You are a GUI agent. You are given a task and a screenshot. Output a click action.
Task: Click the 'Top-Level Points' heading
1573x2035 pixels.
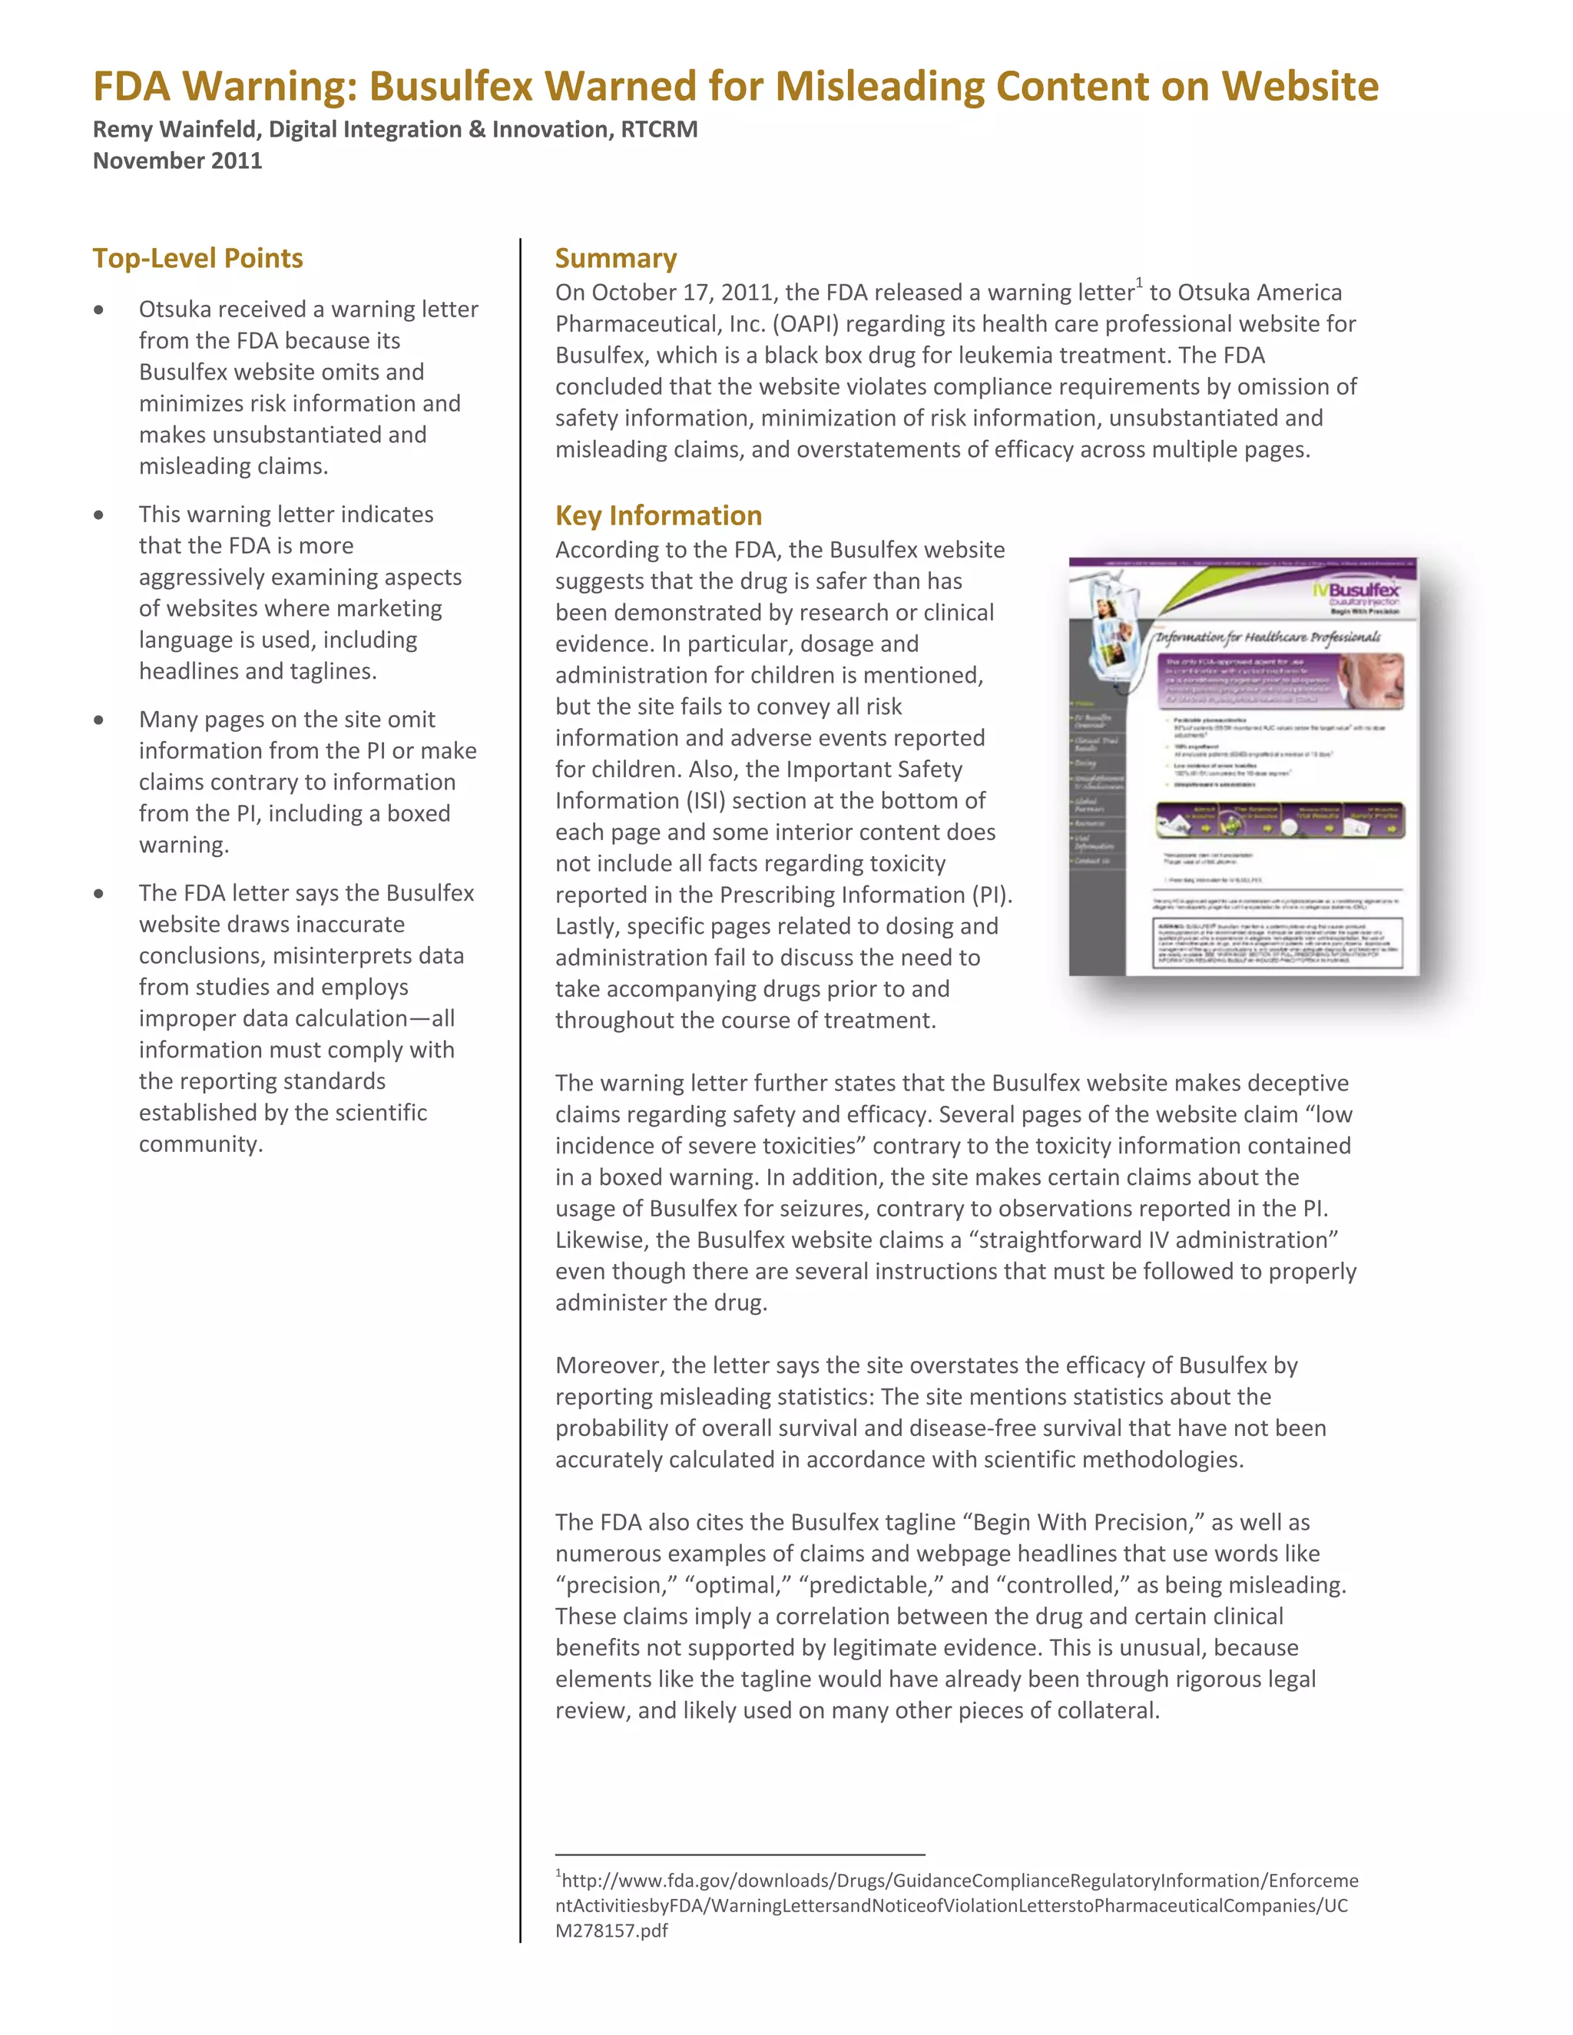[x=197, y=258]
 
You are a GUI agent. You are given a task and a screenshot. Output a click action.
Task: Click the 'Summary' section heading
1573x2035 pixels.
[x=616, y=258]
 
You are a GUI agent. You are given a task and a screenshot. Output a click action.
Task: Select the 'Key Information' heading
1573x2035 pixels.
[x=658, y=515]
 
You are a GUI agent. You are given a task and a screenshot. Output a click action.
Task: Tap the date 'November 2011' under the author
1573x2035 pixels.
[x=177, y=160]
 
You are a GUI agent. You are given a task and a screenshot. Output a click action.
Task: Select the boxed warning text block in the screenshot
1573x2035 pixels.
[x=1277, y=943]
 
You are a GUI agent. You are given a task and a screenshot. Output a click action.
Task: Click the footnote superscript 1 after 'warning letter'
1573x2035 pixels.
[x=1139, y=283]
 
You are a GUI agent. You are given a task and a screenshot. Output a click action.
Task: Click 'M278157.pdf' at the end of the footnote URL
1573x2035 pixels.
[x=611, y=1931]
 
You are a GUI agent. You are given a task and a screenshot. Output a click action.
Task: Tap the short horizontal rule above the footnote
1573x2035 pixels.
[x=740, y=1855]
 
